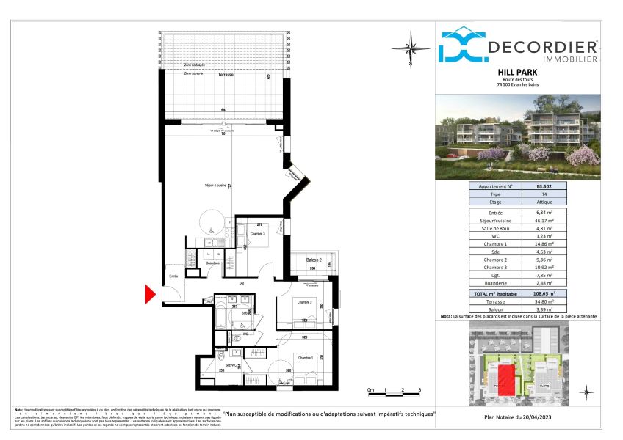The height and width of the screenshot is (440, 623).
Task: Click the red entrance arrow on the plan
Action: (151, 295)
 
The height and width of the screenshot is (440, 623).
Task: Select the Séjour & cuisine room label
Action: (215, 186)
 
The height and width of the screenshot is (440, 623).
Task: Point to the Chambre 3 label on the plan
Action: (257, 234)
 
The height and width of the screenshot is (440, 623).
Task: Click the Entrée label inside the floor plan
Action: (174, 276)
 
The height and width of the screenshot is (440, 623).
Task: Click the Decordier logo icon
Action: (462, 45)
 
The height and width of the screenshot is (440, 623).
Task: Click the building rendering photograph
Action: (518, 138)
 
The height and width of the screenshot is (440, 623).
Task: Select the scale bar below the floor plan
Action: (394, 394)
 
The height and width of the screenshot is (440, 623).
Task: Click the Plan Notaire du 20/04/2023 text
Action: (517, 417)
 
